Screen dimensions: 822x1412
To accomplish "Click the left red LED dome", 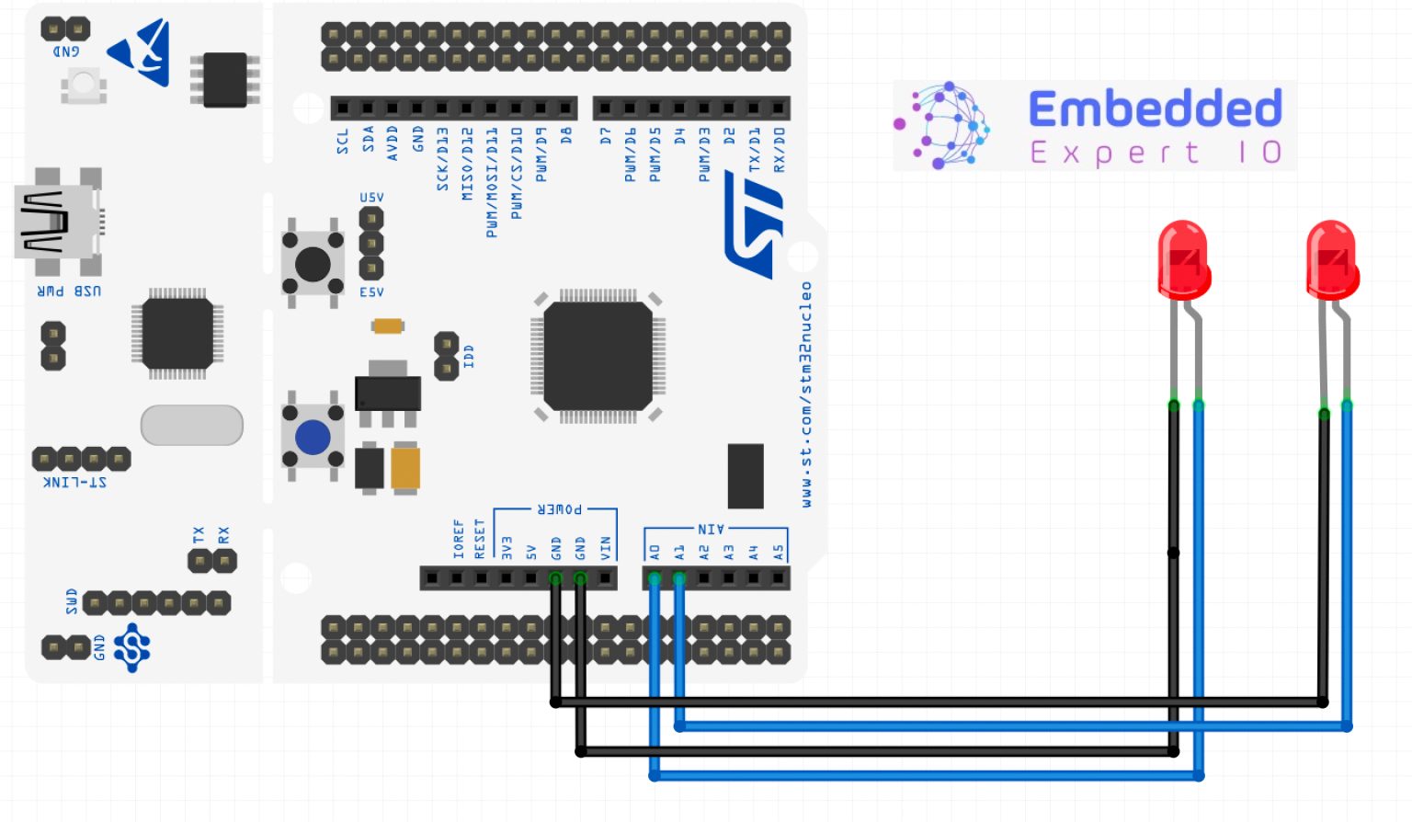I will click(1183, 258).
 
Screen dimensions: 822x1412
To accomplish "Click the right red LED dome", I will click(1331, 258).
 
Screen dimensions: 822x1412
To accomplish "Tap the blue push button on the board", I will click(313, 438).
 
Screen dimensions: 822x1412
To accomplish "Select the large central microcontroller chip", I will click(598, 356).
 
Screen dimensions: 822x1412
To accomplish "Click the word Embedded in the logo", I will click(1155, 109).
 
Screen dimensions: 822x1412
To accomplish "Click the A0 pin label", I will click(655, 553).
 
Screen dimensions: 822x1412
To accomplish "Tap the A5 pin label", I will click(779, 553).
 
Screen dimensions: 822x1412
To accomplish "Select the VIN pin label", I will click(605, 548).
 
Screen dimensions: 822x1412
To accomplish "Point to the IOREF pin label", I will click(458, 539).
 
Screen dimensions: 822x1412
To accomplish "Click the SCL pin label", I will click(343, 141).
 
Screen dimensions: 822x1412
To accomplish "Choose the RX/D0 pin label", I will click(780, 150).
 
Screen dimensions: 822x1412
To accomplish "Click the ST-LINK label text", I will click(75, 482).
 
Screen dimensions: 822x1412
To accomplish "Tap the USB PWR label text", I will click(69, 291).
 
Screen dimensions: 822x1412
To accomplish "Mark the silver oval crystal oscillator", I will click(191, 425).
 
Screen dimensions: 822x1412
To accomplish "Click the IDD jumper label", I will click(469, 357).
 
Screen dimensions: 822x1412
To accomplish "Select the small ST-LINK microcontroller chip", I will click(177, 333).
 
